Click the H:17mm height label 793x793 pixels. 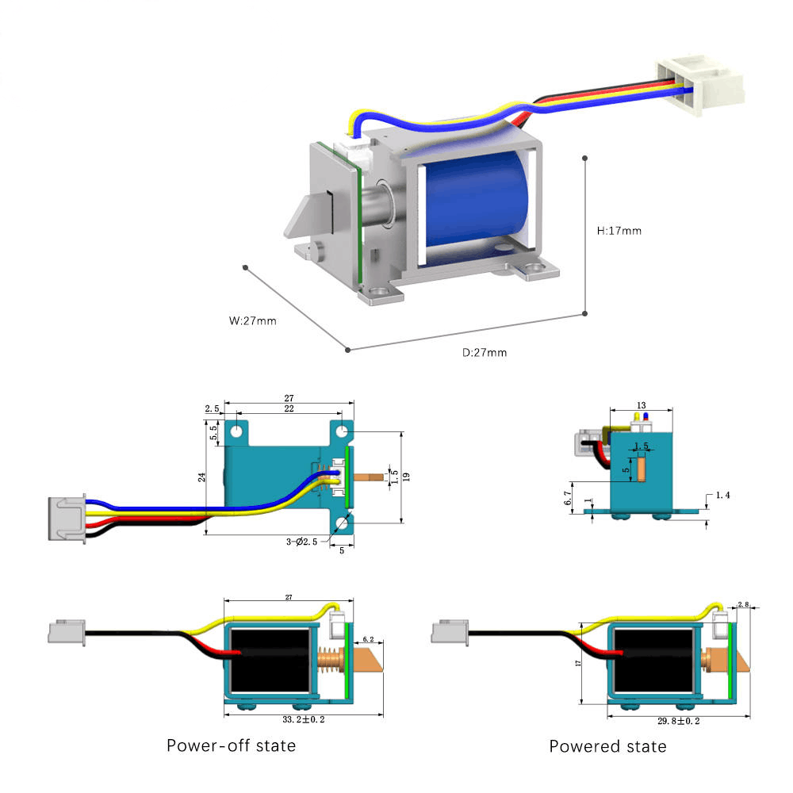619,231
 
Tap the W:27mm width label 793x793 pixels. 252,321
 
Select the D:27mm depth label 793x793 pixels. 484,352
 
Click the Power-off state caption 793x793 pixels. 231,745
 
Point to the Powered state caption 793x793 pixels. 607,746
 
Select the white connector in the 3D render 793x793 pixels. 699,83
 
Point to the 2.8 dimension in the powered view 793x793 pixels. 743,604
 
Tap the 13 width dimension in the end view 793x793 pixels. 641,404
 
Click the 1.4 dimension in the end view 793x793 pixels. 722,495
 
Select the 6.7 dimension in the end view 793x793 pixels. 567,496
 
